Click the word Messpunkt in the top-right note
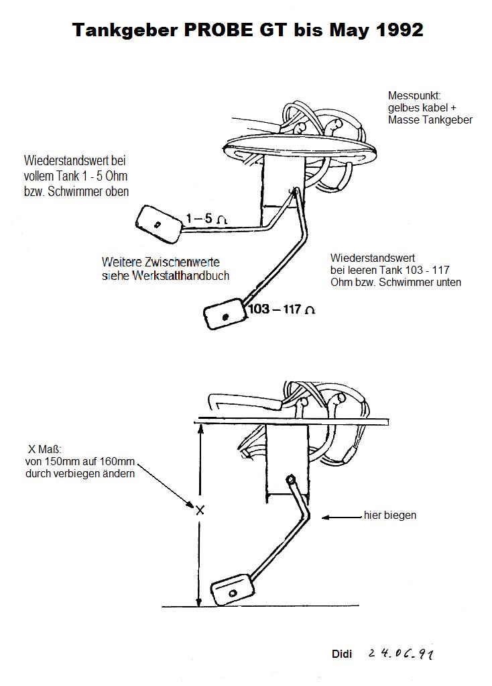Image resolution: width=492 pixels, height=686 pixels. pos(414,96)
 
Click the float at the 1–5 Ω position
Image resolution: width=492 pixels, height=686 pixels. pos(159,224)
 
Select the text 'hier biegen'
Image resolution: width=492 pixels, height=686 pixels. pos(390,516)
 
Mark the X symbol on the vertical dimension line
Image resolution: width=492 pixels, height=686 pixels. pos(199,510)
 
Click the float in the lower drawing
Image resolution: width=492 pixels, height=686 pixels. pos(232,592)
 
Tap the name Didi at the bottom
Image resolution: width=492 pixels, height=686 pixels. pos(342,654)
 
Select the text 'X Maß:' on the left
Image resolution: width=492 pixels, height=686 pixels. pos(44,448)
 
